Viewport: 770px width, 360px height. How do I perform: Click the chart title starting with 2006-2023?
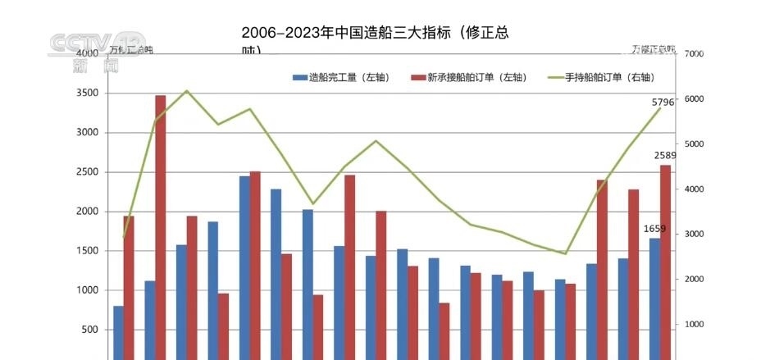[x=374, y=34]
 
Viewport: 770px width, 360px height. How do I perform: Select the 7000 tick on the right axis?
[x=694, y=54]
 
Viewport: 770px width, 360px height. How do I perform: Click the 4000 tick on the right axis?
[x=694, y=189]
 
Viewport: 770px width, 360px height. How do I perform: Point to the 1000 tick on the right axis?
[x=694, y=325]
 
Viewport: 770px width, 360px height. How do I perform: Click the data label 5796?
[x=663, y=103]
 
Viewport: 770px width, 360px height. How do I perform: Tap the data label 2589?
[x=665, y=155]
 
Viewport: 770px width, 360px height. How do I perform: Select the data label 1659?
[x=654, y=229]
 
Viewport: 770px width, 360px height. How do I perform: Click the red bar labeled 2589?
[x=665, y=262]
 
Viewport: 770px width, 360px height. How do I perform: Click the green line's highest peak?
[x=187, y=91]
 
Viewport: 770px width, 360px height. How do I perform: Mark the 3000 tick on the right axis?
[x=694, y=235]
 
